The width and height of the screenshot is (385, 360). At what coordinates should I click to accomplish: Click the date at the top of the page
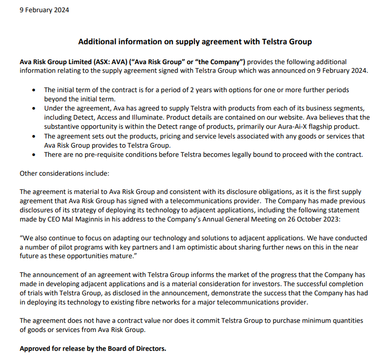pos(44,10)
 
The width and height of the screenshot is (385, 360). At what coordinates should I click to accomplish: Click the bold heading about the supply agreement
pos(195,41)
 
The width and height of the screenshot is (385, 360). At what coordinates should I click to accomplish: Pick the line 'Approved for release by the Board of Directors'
pos(93,349)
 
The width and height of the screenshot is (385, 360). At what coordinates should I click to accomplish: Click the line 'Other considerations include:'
pos(64,173)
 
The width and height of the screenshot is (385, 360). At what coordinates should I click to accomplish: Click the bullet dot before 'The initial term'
pos(33,90)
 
